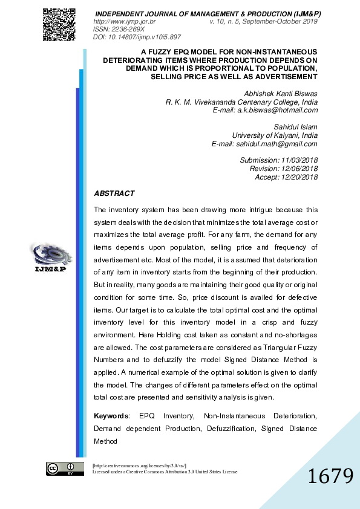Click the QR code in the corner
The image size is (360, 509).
point(59,24)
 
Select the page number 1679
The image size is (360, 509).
point(330,476)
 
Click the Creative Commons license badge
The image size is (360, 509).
point(63,468)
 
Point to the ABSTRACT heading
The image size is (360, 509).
point(114,193)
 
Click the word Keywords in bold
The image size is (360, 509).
point(111,416)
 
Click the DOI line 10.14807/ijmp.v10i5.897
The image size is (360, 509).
point(137,36)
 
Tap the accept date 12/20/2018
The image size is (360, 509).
point(299,177)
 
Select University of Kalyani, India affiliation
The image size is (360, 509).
point(275,135)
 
